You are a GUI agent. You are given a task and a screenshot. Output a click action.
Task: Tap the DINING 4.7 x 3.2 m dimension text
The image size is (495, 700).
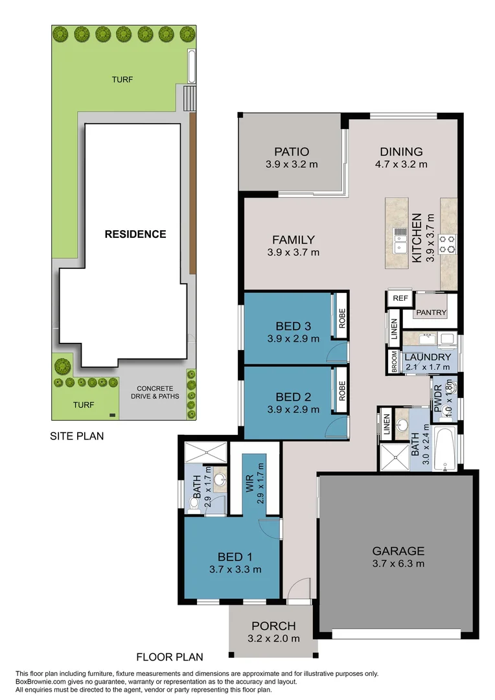click(400, 164)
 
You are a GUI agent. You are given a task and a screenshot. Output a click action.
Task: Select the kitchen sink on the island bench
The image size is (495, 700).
click(400, 239)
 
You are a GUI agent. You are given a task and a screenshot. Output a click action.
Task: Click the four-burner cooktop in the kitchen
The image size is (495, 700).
click(447, 243)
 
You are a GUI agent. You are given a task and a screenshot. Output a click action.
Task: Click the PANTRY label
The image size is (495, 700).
click(432, 312)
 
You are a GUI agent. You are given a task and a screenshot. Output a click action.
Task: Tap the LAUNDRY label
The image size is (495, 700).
click(427, 357)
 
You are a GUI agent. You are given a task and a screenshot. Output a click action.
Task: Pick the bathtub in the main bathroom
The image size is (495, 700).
click(445, 449)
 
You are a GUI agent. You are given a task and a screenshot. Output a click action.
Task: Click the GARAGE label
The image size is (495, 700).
click(398, 552)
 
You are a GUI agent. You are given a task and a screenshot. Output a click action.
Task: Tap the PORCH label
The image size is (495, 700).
click(273, 626)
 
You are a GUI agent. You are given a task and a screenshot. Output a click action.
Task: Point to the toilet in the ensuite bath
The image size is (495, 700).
click(194, 502)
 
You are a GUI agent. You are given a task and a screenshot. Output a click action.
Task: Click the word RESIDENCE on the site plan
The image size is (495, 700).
click(135, 234)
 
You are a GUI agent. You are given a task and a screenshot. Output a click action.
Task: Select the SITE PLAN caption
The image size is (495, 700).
click(77, 436)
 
